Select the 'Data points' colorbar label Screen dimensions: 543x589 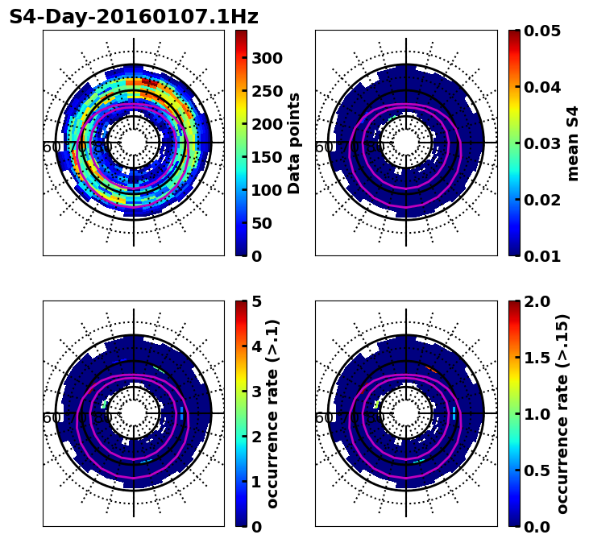click(x=294, y=143)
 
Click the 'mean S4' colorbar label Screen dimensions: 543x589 click(x=573, y=143)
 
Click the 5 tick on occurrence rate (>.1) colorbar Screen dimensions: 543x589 click(x=256, y=301)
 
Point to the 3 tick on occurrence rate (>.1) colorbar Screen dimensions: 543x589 click(x=256, y=392)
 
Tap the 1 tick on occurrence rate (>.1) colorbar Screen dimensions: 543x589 click(x=256, y=482)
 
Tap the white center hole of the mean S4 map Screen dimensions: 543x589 click(x=406, y=143)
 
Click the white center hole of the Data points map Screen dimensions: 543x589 click(x=134, y=143)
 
